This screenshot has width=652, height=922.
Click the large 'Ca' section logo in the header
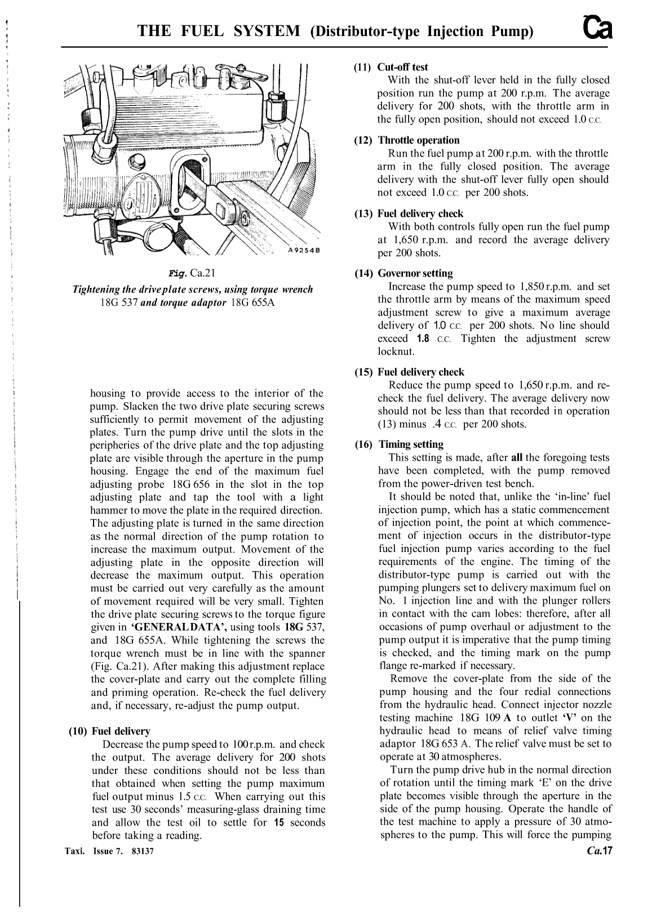point(597,28)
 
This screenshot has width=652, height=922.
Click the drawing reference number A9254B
point(303,251)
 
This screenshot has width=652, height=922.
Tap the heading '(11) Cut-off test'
point(391,67)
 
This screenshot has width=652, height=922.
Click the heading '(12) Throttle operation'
point(407,140)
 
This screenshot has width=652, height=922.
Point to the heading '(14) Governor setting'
point(403,273)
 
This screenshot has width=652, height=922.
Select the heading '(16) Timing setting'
point(399,444)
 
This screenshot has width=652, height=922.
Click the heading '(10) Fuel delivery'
point(109,731)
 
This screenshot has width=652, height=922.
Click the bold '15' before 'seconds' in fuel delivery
point(279,822)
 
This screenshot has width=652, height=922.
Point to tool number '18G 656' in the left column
point(188,484)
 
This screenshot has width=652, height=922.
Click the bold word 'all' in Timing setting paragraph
point(517,457)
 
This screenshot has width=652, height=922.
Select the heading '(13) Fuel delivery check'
point(409,213)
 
